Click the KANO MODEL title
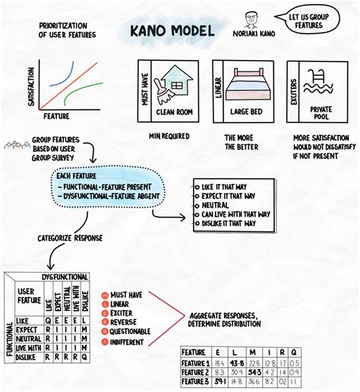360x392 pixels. pos(170,33)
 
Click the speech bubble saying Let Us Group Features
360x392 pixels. pos(308,21)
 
